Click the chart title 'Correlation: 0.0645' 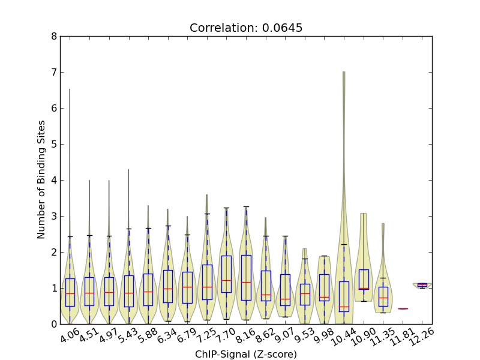coord(246,28)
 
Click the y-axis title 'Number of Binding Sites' coord(41,180)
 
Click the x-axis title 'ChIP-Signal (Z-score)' coord(246,355)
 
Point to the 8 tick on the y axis coord(55,36)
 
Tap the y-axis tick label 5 coord(55,144)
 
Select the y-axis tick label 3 coord(55,216)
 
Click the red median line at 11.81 coord(403,308)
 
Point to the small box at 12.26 coord(422,285)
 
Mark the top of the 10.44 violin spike coord(343,73)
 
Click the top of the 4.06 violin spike coord(70,90)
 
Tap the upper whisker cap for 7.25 coord(206,214)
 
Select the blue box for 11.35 coord(383,296)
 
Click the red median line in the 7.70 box coord(226,280)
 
